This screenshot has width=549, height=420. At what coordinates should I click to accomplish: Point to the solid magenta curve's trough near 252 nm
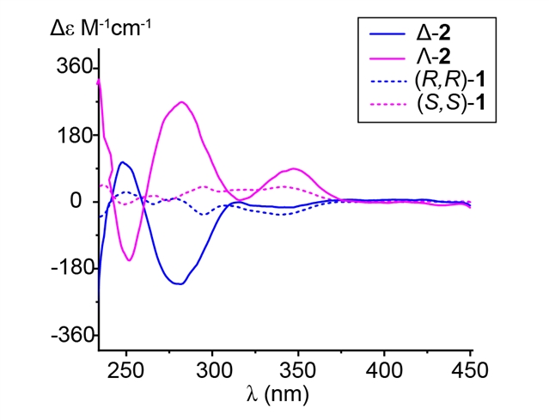tap(130, 260)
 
